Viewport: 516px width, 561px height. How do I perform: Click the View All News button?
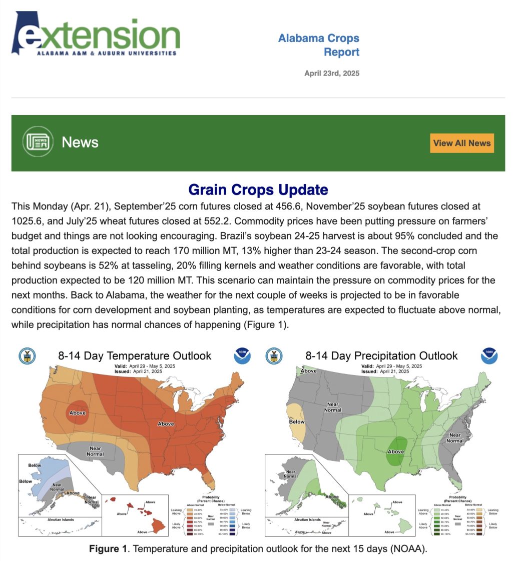(x=461, y=143)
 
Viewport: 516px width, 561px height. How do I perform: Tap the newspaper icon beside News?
(x=38, y=142)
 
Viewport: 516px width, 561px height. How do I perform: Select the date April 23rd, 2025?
(x=331, y=73)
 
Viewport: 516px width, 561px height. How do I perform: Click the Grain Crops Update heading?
(x=258, y=190)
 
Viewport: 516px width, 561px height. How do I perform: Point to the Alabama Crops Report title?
(x=319, y=45)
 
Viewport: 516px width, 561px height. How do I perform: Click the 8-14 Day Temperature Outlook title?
(x=135, y=355)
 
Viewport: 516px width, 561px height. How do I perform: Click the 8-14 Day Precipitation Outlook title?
(x=381, y=355)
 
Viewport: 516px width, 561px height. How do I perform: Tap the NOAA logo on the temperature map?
(x=242, y=356)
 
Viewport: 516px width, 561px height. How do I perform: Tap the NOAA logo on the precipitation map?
(x=489, y=356)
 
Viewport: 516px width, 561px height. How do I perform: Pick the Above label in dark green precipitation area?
(x=395, y=451)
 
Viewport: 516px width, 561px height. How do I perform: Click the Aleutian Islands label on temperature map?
(x=58, y=519)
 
